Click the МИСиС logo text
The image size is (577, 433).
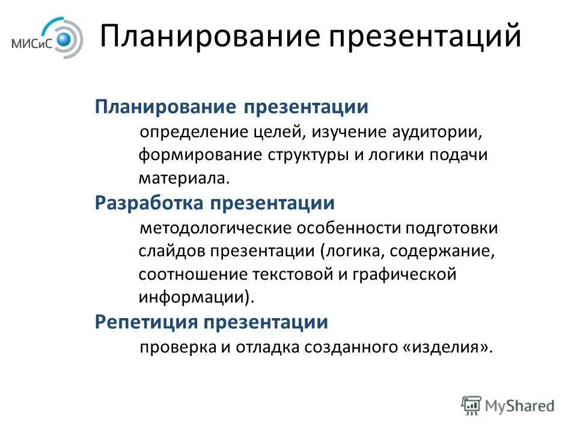(x=34, y=43)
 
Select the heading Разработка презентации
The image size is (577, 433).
(x=215, y=203)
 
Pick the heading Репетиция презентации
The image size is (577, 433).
(x=212, y=322)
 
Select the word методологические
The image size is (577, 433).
(x=217, y=229)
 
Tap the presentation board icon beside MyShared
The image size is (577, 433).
(x=472, y=405)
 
